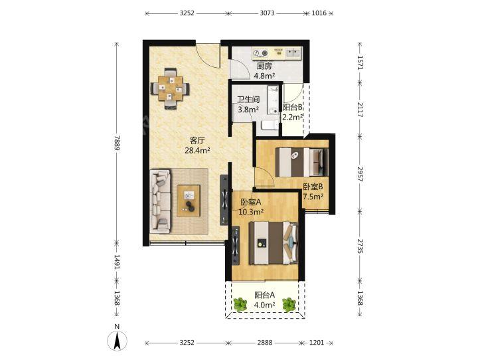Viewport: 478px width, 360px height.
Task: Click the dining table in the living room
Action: pos(170,88)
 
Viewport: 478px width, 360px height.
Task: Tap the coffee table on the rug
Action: pos(189,201)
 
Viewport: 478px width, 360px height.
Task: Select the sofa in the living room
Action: pos(160,201)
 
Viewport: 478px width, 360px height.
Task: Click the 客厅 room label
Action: pos(197,141)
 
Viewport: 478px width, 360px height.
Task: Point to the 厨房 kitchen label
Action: pos(264,66)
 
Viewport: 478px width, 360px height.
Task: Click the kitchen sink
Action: pos(293,52)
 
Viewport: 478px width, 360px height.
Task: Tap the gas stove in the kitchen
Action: pos(260,53)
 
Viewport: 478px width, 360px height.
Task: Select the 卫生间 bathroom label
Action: pos(248,100)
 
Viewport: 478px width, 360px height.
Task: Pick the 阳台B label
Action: pos(292,108)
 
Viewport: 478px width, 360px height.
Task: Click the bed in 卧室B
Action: pos(301,162)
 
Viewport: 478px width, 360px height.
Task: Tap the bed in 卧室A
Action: pos(273,242)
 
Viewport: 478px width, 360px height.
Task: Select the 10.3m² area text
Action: pos(251,212)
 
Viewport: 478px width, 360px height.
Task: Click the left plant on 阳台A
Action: pos(240,304)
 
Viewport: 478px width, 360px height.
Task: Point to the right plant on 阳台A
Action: pos(289,304)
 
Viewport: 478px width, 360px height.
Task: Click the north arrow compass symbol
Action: pos(117,340)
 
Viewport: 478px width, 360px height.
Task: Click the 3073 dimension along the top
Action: pos(267,13)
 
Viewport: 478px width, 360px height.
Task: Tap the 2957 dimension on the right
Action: pos(360,174)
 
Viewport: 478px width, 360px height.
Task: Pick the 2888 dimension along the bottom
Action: pos(264,343)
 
